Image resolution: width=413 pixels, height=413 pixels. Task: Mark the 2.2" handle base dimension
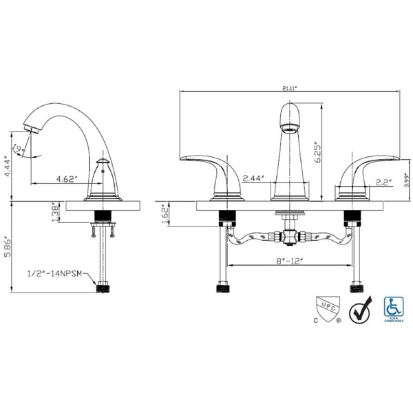pyautogui.click(x=383, y=182)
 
